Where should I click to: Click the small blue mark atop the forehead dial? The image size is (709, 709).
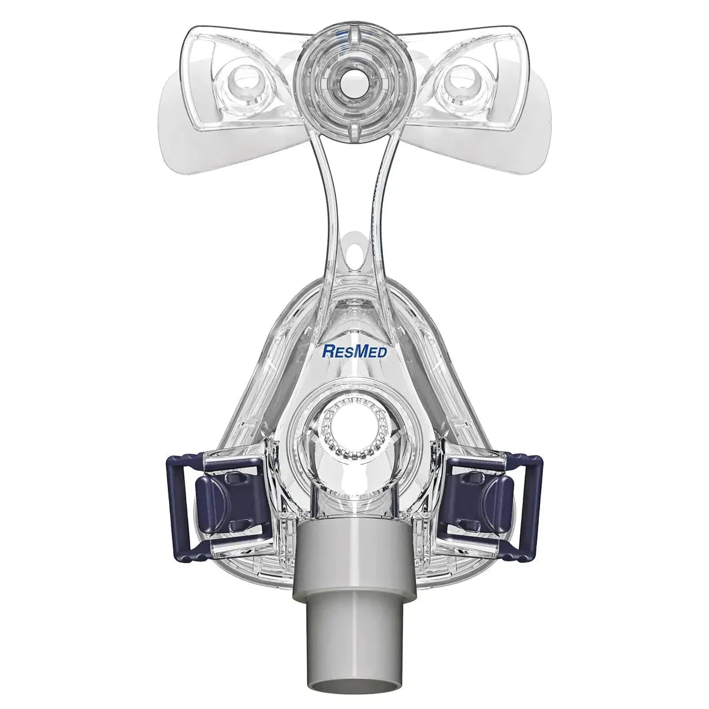tap(343, 37)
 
